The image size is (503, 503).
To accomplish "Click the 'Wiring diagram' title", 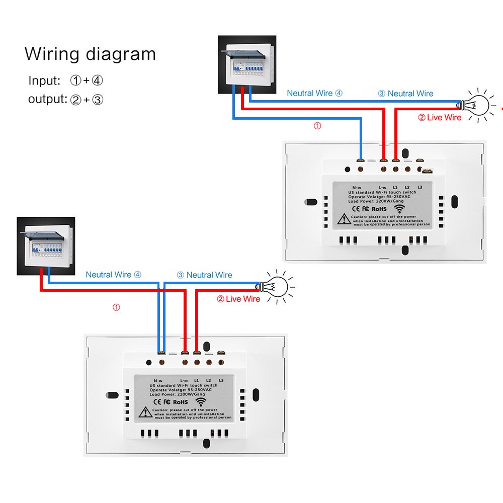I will point(90,54).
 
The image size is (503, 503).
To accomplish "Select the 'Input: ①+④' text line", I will point(66,80).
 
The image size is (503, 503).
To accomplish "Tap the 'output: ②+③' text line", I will point(66,99).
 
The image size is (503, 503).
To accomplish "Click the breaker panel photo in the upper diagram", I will point(246,64).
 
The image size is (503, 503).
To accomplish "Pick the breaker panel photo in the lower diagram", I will point(46,246).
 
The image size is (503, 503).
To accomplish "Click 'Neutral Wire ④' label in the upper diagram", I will point(314,93).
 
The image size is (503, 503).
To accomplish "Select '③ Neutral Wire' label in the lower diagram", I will point(204,275).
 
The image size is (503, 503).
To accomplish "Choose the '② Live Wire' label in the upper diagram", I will point(439,117).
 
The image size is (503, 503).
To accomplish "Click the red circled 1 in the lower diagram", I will point(116,307).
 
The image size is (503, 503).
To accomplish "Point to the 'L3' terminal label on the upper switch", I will point(420,187).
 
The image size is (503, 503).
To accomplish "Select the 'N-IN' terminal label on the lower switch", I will point(158,381).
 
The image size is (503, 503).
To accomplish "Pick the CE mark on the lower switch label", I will point(156,402).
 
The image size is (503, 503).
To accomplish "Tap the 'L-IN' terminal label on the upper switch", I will point(383,187).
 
